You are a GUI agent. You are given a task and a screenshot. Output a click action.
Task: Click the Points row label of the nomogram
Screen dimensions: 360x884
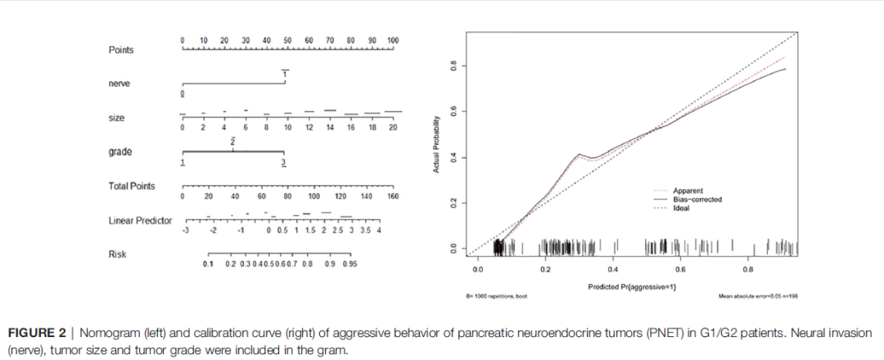click(x=121, y=50)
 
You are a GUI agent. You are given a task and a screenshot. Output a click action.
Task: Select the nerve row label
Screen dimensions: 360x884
click(x=119, y=83)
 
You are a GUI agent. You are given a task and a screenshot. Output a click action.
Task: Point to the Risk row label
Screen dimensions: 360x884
click(x=117, y=254)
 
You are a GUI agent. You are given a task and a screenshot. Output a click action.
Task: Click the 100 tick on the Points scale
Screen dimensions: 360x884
click(x=393, y=40)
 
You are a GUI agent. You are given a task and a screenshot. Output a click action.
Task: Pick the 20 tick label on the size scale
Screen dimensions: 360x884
click(x=393, y=128)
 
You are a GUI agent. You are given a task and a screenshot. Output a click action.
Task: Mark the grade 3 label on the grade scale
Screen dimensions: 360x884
click(x=284, y=164)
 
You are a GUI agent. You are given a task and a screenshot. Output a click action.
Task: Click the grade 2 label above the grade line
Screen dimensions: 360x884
click(x=233, y=142)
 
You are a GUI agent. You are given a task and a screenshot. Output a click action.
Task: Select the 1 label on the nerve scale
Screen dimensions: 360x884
click(x=285, y=74)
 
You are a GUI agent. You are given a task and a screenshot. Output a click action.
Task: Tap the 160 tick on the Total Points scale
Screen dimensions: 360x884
click(x=393, y=196)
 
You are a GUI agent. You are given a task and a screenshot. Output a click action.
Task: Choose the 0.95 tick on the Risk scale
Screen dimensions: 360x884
click(x=350, y=264)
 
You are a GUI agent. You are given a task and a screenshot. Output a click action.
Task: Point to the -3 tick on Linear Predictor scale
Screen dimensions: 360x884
click(x=186, y=231)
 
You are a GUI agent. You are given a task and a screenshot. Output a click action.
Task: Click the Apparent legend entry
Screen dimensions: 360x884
click(x=688, y=191)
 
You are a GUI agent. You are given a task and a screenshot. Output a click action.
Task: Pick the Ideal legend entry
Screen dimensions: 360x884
click(x=681, y=208)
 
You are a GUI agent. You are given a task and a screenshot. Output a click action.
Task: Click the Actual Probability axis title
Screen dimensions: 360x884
click(x=437, y=143)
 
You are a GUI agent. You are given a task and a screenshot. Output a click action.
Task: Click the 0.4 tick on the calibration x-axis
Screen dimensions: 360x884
click(x=613, y=268)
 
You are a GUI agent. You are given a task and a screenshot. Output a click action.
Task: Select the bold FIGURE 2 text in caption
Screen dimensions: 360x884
click(x=39, y=334)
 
